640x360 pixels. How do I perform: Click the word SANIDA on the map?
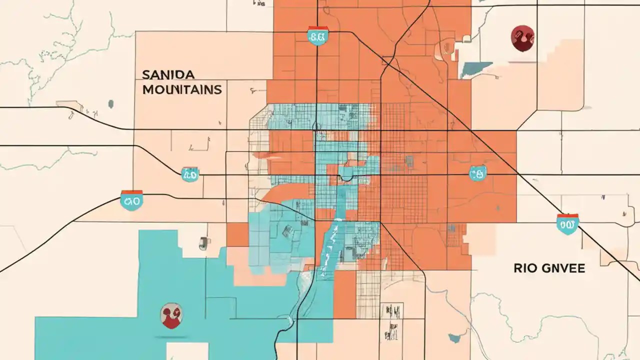coord(168,75)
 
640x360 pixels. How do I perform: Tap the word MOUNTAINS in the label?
coord(182,90)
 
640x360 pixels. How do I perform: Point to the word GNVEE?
coord(562,268)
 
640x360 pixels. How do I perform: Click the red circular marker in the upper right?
coord(522,38)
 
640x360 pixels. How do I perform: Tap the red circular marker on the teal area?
coord(171,316)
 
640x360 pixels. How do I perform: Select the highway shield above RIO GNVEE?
coord(567,224)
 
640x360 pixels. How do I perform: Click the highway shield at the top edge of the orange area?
coord(318,35)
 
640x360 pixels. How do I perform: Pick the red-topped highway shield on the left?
coord(132,200)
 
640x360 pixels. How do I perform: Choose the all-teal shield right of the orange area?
coord(477,173)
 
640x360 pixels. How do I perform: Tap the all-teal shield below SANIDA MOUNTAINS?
coord(190,174)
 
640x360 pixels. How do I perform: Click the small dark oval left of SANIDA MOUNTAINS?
coord(110,104)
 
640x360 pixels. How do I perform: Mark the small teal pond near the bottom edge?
coord(454,338)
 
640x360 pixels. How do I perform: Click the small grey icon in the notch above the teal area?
coord(203,243)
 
